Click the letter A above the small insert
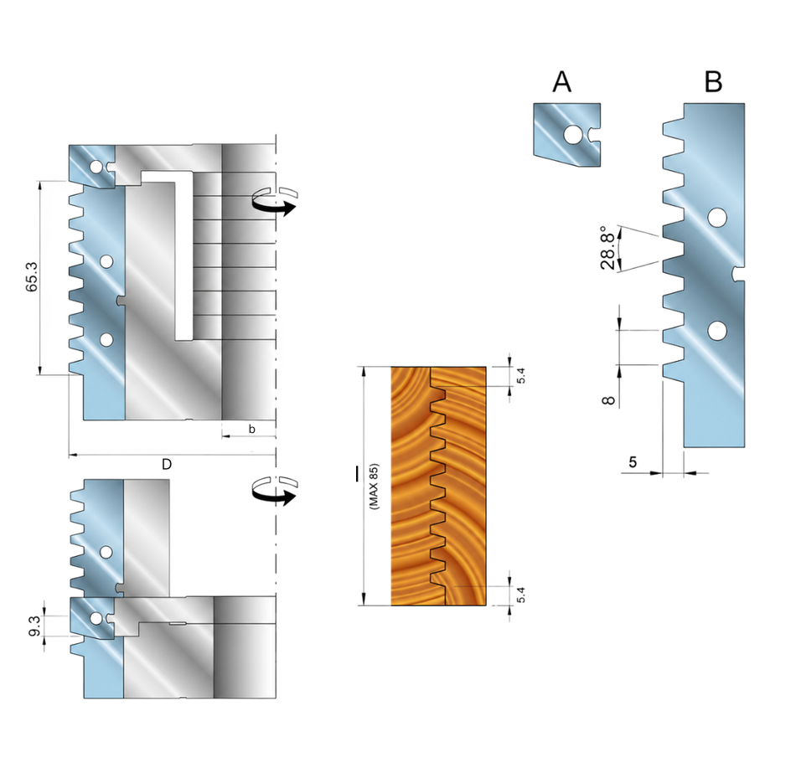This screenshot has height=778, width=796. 561,82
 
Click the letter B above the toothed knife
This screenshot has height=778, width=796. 713,82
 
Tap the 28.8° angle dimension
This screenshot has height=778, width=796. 607,248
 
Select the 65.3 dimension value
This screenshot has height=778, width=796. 32,276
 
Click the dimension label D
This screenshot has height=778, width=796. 167,464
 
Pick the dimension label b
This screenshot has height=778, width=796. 252,430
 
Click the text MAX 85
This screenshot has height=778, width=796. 375,487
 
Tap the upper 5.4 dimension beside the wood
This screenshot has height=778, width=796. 521,375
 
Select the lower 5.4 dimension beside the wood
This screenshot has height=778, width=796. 521,595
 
